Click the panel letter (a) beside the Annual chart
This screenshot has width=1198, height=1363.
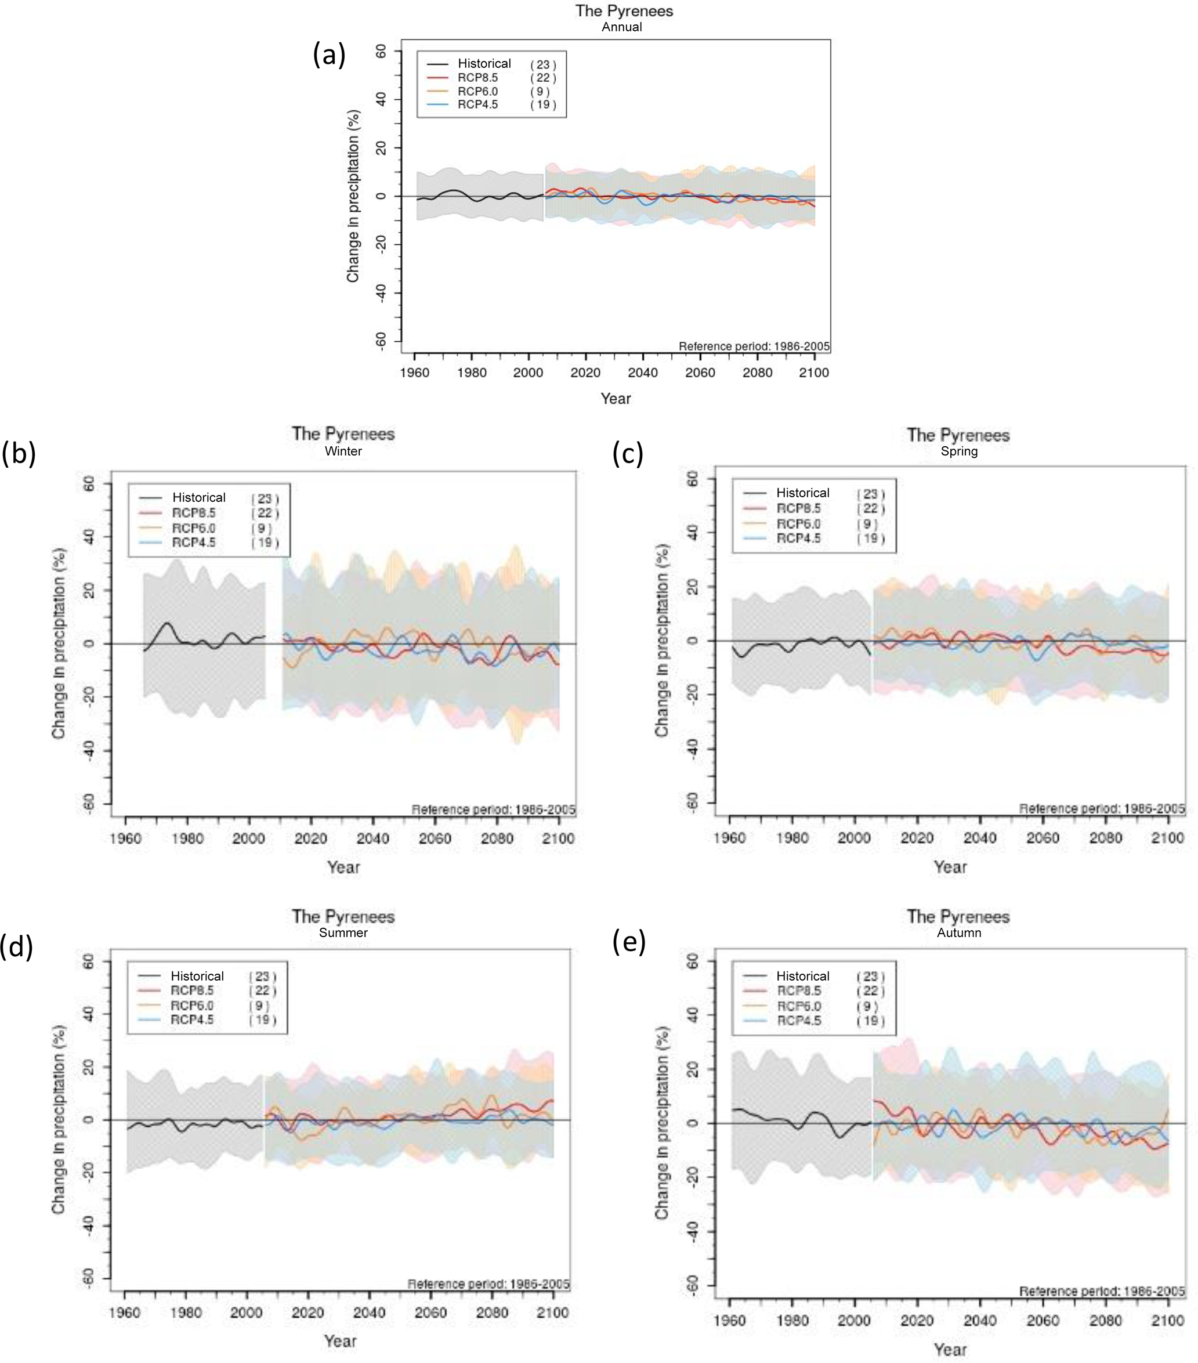click(x=330, y=55)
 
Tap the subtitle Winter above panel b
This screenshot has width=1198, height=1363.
click(x=343, y=451)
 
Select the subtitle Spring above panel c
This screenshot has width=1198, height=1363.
click(x=958, y=451)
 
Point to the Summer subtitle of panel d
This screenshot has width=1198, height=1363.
click(x=343, y=932)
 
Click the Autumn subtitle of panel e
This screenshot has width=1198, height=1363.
click(x=958, y=932)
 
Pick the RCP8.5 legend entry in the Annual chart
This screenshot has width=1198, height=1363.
click(x=477, y=77)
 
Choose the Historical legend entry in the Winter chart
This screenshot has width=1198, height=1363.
click(x=198, y=497)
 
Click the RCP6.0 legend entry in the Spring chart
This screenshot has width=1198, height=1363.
click(x=798, y=523)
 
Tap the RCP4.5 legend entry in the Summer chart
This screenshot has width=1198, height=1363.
click(x=192, y=1019)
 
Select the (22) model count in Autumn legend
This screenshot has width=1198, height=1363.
click(x=871, y=992)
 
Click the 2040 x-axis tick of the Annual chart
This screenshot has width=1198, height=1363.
click(x=643, y=373)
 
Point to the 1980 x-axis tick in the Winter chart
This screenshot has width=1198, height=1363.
click(x=187, y=838)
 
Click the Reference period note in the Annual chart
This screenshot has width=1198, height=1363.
click(x=754, y=346)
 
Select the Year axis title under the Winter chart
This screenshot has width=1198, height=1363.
click(x=343, y=867)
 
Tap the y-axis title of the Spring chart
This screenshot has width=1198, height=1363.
click(x=661, y=640)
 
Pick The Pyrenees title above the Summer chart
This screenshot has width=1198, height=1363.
click(x=343, y=916)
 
